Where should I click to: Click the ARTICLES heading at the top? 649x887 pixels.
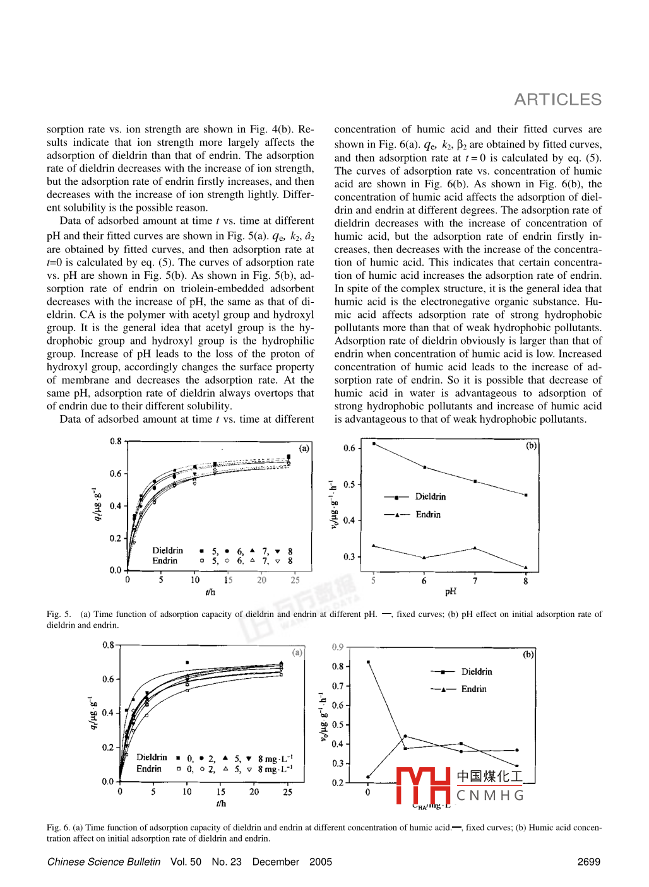tap(557, 100)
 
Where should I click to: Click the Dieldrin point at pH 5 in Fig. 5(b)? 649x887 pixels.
tap(374, 444)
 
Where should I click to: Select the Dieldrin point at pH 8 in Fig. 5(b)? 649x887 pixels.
tap(526, 495)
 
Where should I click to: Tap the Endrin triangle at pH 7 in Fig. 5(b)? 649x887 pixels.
tap(475, 548)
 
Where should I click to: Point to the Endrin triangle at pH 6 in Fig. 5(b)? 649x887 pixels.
tap(424, 558)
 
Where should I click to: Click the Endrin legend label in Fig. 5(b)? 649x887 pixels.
tap(428, 515)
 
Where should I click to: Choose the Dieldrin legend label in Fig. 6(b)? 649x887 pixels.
tap(477, 672)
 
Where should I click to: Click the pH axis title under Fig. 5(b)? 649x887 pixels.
tap(450, 592)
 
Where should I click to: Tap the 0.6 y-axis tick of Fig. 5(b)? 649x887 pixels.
tap(349, 449)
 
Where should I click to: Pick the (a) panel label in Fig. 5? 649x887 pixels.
tap(304, 449)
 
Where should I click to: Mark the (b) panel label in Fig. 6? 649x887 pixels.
tap(528, 654)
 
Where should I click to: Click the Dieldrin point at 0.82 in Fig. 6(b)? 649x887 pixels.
tap(368, 662)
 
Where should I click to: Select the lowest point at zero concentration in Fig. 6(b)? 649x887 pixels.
tap(368, 777)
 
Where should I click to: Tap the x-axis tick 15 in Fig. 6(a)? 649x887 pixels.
tap(221, 792)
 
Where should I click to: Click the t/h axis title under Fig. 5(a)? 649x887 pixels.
tap(210, 592)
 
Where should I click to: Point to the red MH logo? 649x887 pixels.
tap(423, 786)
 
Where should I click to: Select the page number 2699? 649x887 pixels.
tap(588, 862)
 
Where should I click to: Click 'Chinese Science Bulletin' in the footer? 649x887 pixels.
tap(104, 862)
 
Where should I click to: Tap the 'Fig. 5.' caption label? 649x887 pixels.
tap(59, 614)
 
